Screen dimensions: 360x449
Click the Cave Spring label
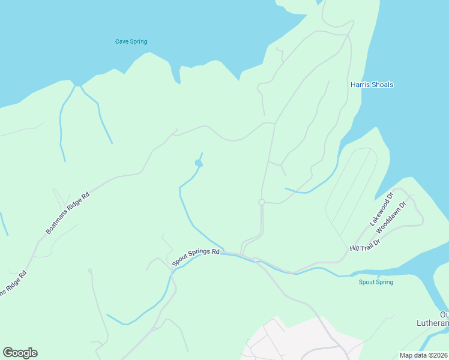pos(131,41)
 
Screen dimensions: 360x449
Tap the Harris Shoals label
pos(372,85)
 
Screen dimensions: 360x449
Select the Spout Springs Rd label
pos(196,257)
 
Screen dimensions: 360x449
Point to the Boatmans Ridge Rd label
pos(68,212)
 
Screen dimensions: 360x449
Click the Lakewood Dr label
pos(381,209)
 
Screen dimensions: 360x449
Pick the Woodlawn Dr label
pos(394,218)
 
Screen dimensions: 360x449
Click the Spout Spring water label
pos(376,282)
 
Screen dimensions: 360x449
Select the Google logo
pos(20,353)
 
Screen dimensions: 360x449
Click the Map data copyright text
pos(424,355)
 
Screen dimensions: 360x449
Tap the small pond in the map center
pos(199,163)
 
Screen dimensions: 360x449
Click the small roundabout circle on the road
pos(262,202)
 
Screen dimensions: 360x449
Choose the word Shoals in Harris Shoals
pos(382,85)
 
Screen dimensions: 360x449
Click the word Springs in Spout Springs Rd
pos(198,256)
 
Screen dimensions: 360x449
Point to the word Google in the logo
pos(20,353)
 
